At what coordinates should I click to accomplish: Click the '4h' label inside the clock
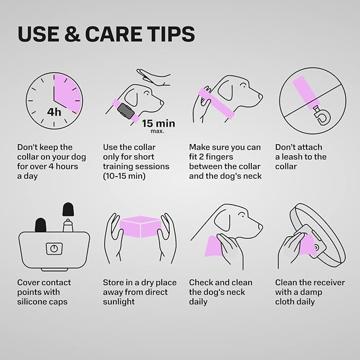54,112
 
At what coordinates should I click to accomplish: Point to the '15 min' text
159,124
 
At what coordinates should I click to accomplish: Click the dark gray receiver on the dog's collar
126,111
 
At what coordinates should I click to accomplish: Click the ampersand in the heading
72,34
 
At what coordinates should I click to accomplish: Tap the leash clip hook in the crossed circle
322,117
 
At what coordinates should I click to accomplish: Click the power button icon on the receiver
54,249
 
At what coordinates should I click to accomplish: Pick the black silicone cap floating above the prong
68,209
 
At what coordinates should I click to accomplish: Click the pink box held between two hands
141,227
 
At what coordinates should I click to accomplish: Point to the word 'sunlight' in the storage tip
119,302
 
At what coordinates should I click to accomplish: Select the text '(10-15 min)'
124,176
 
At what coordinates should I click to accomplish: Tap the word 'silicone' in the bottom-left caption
33,302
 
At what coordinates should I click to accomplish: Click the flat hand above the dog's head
153,77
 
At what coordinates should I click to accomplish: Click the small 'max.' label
157,131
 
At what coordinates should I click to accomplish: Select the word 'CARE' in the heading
113,34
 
